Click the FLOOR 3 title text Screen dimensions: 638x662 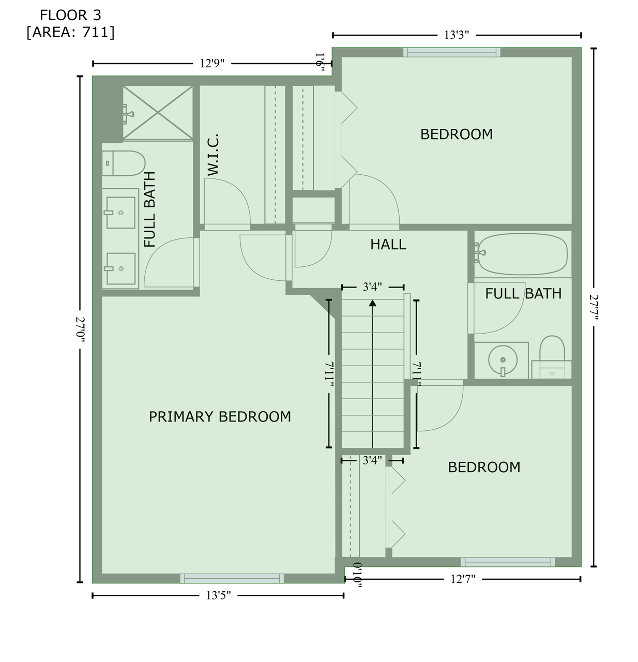click(x=70, y=16)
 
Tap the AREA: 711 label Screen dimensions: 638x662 click(x=70, y=32)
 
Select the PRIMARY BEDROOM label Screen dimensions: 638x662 click(x=220, y=417)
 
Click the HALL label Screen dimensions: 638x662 click(x=388, y=245)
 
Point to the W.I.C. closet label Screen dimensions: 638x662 click(x=213, y=155)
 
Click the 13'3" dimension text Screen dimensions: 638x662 click(x=457, y=35)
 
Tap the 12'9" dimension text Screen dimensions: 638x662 click(x=212, y=64)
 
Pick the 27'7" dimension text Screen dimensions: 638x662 click(x=594, y=307)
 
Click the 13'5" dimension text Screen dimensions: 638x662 click(x=218, y=596)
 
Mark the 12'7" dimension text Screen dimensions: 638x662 click(x=463, y=579)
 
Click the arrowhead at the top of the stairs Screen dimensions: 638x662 click(x=373, y=303)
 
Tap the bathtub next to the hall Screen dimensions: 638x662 click(x=522, y=254)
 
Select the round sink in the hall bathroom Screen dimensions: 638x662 click(x=503, y=359)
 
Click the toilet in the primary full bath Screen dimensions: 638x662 click(x=124, y=163)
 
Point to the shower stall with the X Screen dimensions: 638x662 click(x=158, y=113)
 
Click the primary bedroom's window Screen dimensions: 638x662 click(x=232, y=578)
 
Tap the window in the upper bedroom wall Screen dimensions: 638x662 click(x=452, y=52)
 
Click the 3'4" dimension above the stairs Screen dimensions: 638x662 click(x=372, y=287)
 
